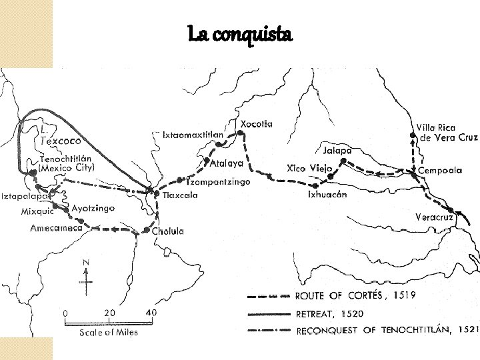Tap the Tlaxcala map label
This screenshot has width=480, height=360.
(x=180, y=196)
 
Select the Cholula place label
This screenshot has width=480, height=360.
(x=168, y=231)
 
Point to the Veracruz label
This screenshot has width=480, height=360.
(x=434, y=218)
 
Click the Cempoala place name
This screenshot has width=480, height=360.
(x=440, y=171)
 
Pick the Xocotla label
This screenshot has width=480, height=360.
(x=257, y=124)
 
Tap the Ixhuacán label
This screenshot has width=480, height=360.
(x=327, y=195)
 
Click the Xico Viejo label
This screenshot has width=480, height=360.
(x=309, y=168)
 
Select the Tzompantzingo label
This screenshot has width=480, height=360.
(x=218, y=181)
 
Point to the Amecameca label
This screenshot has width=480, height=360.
(x=56, y=228)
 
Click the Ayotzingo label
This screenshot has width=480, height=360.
(x=93, y=209)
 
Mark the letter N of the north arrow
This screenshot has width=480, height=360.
(x=85, y=263)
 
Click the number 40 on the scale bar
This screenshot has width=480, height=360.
(x=151, y=313)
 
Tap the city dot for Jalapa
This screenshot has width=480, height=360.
(x=343, y=161)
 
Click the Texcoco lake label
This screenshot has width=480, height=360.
(x=61, y=141)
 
